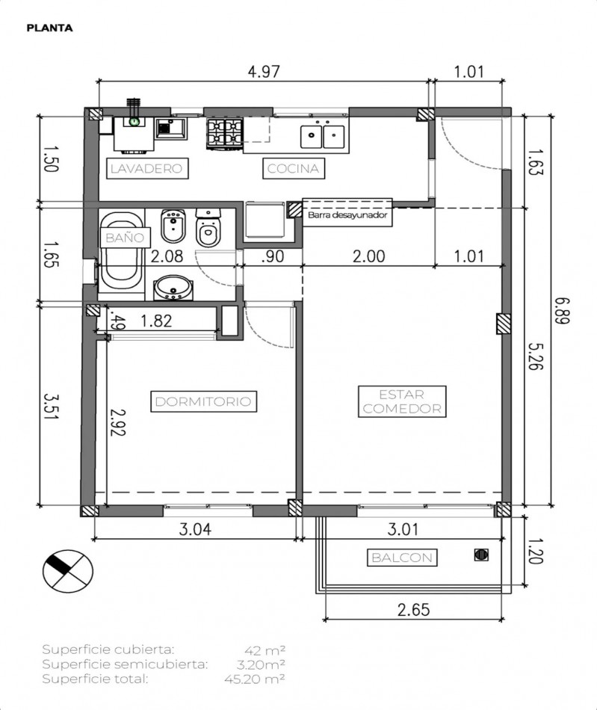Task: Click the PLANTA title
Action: point(49,28)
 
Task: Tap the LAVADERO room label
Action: point(146,168)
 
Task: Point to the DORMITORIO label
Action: point(203,401)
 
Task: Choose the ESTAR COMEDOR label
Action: point(401,401)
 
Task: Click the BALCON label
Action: point(400,558)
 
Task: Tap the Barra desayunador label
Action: point(347,214)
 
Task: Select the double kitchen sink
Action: point(323,136)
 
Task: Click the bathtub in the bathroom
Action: point(120,251)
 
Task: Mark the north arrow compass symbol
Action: point(66,571)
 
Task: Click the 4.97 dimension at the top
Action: point(263,72)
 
